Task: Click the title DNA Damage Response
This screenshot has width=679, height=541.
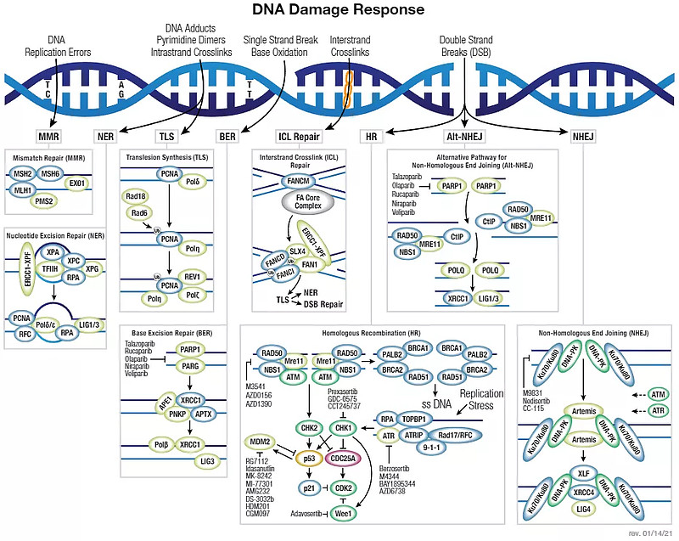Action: coord(339,10)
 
